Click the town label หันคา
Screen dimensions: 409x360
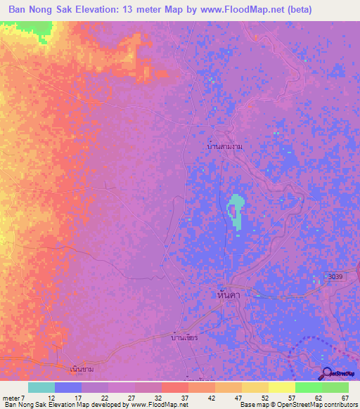[229, 297]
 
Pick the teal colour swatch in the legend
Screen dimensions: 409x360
[41, 387]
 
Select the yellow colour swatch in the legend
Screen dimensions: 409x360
[281, 387]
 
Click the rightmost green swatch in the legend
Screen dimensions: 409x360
[335, 387]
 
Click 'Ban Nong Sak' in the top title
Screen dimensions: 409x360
[40, 10]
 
